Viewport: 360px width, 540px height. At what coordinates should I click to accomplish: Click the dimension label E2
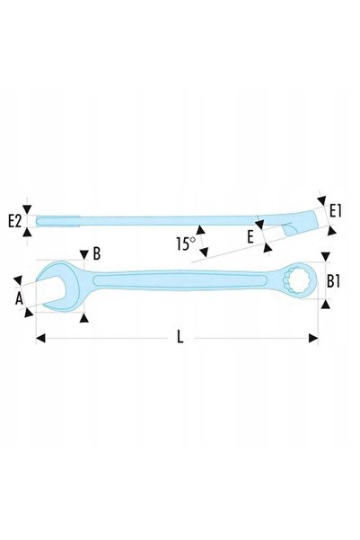click(14, 221)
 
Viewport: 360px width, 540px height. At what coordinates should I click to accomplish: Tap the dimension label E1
click(335, 211)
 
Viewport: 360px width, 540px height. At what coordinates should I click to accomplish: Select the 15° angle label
click(186, 243)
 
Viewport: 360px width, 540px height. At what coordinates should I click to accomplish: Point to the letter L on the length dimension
click(180, 337)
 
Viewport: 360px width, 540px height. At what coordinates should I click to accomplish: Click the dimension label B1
click(333, 281)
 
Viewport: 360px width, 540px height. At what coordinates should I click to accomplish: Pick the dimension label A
click(19, 298)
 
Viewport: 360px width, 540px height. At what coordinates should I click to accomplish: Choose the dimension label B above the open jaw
click(97, 253)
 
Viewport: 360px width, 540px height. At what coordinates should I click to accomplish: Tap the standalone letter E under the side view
click(250, 236)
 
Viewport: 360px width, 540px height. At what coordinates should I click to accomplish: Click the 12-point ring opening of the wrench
click(295, 280)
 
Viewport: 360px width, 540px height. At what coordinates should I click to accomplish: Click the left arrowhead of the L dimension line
click(40, 338)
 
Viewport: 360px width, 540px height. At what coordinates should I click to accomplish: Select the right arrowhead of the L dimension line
click(313, 338)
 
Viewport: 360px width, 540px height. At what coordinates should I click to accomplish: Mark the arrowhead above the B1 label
click(326, 257)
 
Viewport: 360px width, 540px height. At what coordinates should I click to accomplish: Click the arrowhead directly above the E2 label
click(27, 209)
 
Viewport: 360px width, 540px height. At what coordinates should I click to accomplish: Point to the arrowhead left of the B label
click(84, 255)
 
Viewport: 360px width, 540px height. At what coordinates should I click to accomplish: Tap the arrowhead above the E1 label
click(322, 200)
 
